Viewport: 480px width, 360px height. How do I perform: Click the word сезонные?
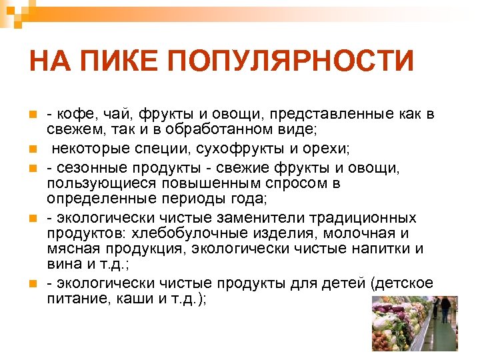89,169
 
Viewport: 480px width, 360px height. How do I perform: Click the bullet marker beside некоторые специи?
31,147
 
